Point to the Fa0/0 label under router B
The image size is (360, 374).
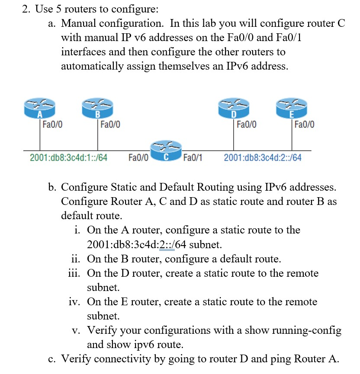click(110, 125)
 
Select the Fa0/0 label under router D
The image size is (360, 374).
click(247, 125)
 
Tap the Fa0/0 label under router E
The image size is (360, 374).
click(304, 125)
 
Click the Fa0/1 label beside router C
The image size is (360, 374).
click(193, 157)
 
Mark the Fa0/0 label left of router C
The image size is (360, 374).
click(138, 157)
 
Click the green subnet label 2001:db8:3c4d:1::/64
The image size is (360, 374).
click(68, 157)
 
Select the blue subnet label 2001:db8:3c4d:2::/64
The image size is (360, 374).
click(263, 157)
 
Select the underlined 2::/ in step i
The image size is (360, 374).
click(167, 244)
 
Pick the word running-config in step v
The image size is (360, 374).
click(307, 331)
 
